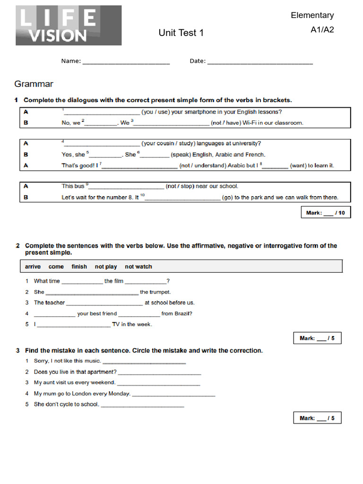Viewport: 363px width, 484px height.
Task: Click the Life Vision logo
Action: [69, 26]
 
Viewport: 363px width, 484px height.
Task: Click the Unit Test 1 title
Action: [181, 33]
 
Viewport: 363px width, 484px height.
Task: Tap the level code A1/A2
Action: [322, 30]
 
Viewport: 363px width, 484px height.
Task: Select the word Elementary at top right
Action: [312, 15]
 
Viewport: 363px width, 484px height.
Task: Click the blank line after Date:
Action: [259, 61]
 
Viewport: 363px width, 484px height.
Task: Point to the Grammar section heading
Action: [34, 84]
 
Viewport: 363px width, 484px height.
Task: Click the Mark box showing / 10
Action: [325, 213]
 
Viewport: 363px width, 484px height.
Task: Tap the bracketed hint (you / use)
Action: [155, 112]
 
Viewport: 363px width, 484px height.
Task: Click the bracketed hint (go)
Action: [227, 198]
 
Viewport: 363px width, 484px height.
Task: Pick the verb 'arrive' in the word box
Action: [33, 267]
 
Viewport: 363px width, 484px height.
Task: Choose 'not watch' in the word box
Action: [138, 267]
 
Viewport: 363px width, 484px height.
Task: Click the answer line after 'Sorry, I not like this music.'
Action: [144, 362]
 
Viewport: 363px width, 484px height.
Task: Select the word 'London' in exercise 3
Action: [82, 393]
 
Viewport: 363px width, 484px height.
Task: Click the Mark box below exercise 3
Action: [317, 418]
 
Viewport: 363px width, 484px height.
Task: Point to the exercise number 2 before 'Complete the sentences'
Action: [17, 246]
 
